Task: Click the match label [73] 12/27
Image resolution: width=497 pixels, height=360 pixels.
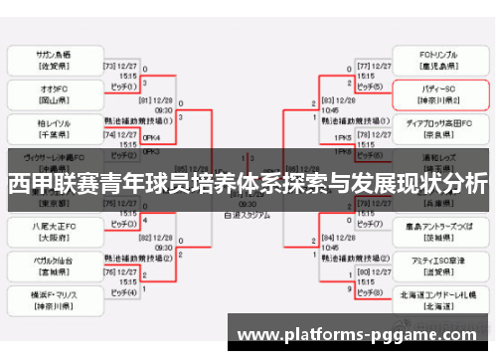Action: coord(121,65)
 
